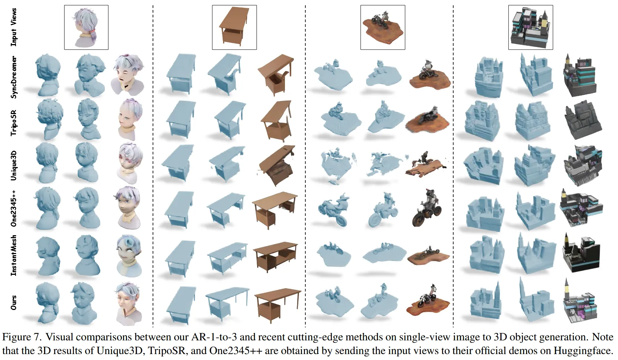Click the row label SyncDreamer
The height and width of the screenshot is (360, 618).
click(14, 77)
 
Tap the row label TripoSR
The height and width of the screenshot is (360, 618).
click(14, 123)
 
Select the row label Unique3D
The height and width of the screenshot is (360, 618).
click(14, 166)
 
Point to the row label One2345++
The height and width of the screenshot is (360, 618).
click(14, 208)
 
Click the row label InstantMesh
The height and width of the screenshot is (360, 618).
click(14, 255)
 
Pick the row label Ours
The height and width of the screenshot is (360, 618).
click(14, 303)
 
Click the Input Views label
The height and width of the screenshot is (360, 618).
click(14, 27)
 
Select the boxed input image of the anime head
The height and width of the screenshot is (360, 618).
click(86, 27)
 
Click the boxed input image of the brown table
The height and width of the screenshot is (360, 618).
click(234, 27)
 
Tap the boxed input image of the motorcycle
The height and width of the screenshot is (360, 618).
click(383, 27)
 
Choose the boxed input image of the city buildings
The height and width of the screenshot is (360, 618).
click(531, 27)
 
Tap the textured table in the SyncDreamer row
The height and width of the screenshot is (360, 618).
click(276, 75)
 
